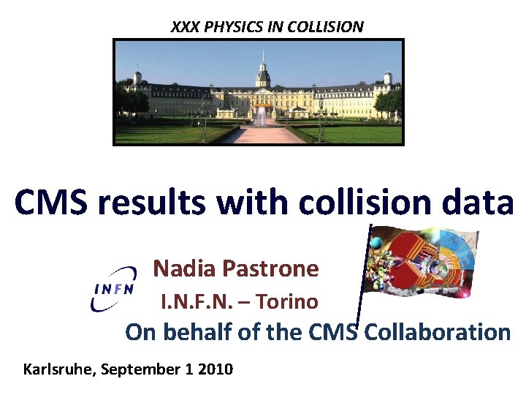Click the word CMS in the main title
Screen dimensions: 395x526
click(50, 203)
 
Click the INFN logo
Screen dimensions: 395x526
click(115, 288)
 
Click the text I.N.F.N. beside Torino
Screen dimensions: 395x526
click(194, 301)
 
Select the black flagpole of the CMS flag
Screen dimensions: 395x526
click(365, 278)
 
